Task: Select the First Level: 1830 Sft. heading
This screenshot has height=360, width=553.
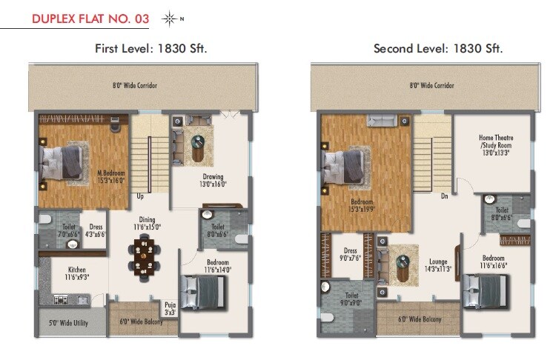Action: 150,49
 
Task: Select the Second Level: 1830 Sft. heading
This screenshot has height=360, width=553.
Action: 438,49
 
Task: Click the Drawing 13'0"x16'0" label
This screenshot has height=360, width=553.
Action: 213,181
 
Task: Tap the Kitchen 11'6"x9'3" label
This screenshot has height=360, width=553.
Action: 77,274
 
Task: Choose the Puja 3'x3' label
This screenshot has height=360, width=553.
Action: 170,309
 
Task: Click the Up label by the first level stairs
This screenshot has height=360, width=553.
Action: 140,196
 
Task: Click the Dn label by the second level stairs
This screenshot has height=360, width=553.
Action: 444,196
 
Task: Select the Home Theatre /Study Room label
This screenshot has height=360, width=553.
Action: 496,146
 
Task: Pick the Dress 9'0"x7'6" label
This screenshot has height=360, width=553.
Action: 351,255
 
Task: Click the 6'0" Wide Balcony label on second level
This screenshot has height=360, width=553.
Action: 420,319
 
